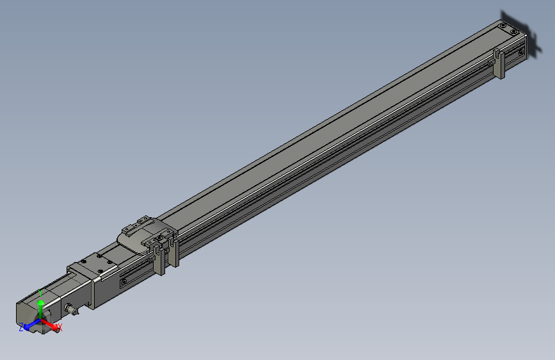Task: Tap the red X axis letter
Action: click(x=60, y=328)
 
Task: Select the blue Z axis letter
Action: click(x=21, y=327)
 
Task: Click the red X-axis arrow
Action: click(x=51, y=324)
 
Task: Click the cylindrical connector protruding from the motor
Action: click(x=73, y=310)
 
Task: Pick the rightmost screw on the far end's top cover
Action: click(x=514, y=31)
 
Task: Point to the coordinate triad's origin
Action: click(x=41, y=320)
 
